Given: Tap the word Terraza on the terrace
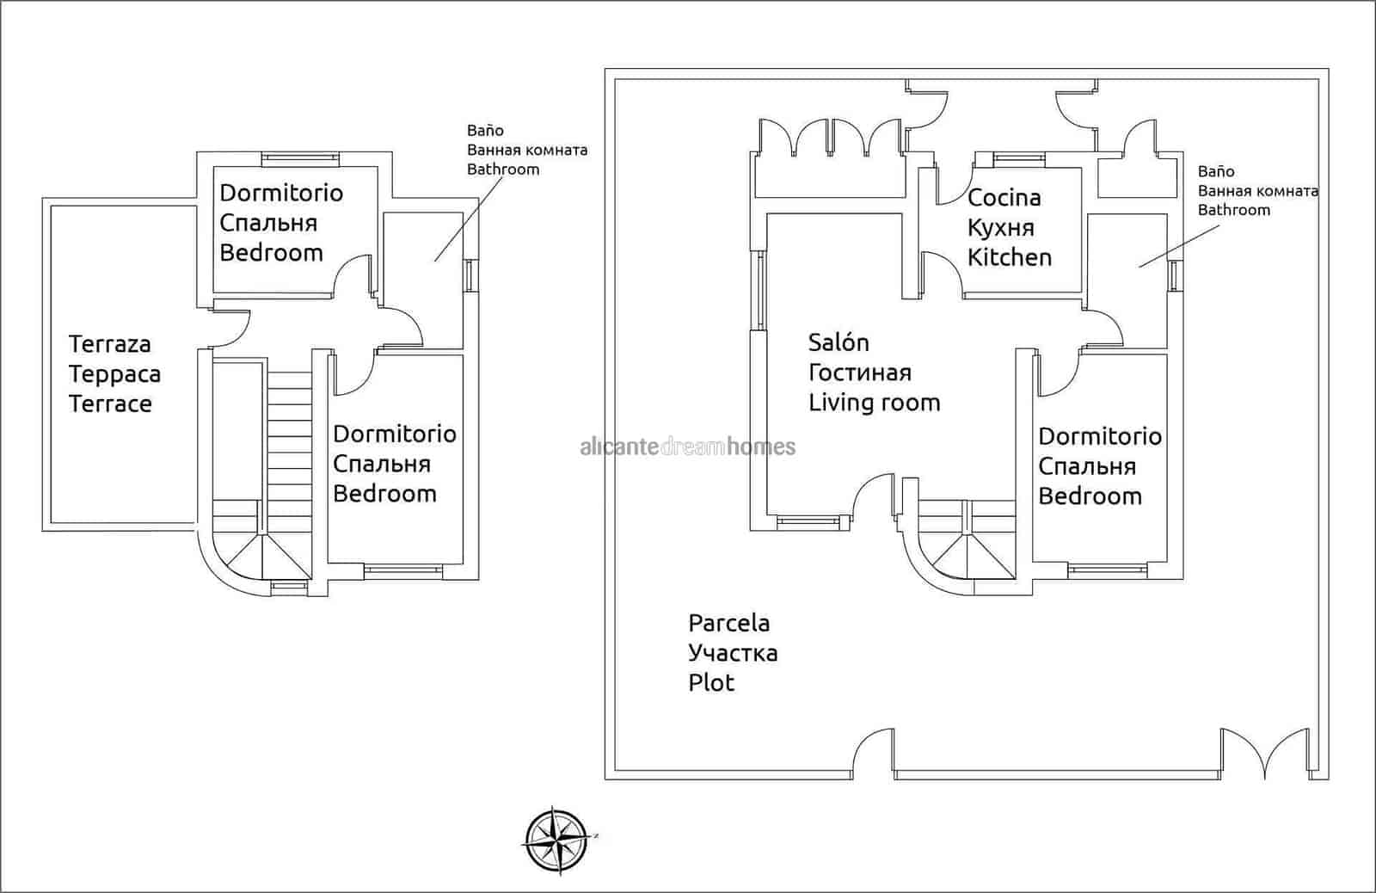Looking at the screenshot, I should point(109,344).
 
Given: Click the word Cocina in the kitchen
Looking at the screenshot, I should point(1004,198).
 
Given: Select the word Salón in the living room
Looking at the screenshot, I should point(838,342).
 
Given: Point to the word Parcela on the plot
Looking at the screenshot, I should point(728,623).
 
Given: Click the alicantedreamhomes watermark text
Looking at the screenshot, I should point(688,446).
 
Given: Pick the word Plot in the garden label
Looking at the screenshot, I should point(711,683).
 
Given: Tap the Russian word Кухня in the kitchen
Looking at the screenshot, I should point(1000,228).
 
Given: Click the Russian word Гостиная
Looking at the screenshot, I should point(859,373).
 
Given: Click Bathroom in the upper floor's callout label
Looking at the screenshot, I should point(503,169).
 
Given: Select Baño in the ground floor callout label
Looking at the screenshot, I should point(1215,171).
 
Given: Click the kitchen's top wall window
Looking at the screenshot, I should point(1018,157).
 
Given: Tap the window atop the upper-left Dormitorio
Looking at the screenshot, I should point(300,157).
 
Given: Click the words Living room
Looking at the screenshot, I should point(874,403).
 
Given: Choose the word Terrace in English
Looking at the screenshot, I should point(110,404).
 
